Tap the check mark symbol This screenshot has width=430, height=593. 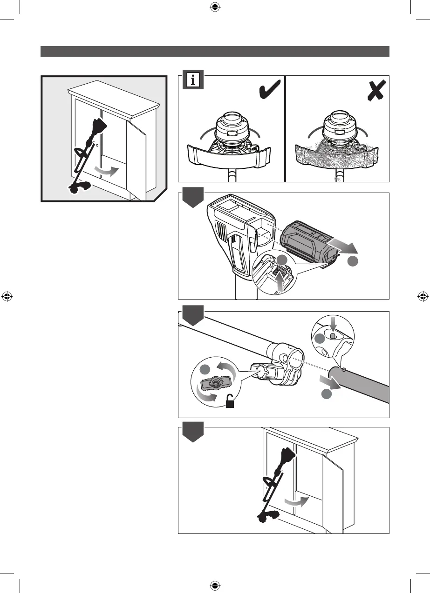(269, 89)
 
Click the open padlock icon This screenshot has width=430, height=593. (230, 401)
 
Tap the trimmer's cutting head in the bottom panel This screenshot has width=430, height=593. (267, 515)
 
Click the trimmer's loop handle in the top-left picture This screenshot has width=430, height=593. (82, 153)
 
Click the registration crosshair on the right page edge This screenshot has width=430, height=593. (423, 296)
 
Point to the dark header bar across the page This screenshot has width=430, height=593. (215, 51)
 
